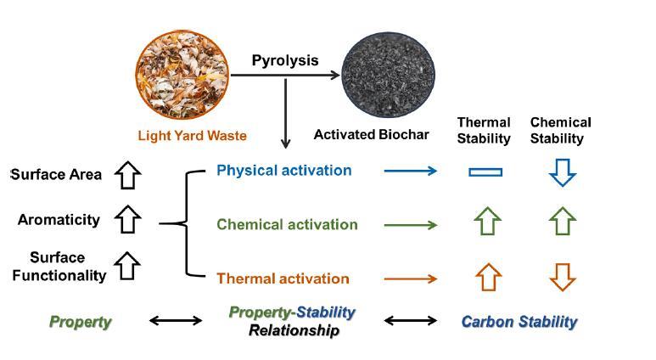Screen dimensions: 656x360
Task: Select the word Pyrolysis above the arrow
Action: (285, 60)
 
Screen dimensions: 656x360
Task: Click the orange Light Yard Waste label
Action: (193, 135)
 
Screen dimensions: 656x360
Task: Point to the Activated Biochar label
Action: (371, 134)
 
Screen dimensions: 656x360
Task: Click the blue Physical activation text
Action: (283, 171)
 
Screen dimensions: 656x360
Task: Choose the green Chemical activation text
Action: (287, 225)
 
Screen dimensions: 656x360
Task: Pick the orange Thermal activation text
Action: (283, 278)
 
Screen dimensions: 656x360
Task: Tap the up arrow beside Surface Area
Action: (127, 174)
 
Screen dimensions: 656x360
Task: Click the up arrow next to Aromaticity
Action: (127, 219)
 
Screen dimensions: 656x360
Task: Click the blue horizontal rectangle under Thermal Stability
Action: (485, 172)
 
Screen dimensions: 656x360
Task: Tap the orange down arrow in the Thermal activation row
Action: (562, 277)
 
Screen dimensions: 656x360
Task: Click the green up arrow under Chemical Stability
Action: (562, 222)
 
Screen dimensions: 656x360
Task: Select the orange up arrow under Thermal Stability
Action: (488, 276)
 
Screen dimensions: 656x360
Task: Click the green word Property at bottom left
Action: (80, 322)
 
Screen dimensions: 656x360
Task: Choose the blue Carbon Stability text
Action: (519, 322)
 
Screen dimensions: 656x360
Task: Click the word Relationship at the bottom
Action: (293, 330)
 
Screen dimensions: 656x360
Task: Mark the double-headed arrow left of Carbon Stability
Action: (411, 321)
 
